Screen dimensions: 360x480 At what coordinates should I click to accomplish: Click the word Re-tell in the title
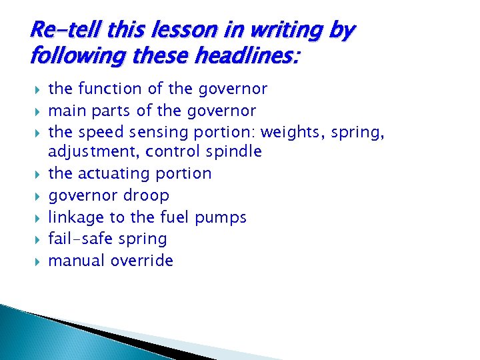(59, 29)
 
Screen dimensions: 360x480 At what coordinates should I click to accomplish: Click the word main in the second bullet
(65, 110)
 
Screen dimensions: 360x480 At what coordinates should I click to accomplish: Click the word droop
(147, 195)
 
